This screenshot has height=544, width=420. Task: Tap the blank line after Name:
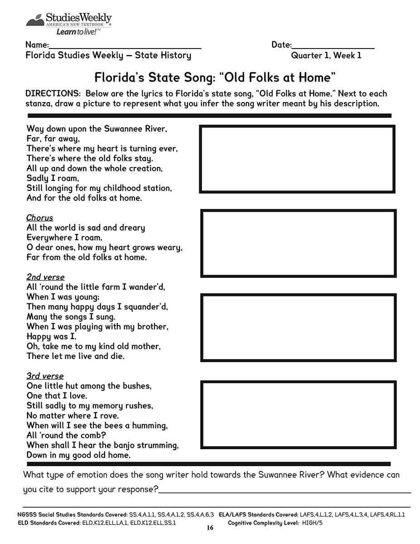tap(125, 46)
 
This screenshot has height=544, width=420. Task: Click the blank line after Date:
tap(333, 46)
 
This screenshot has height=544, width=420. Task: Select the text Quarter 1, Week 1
tap(326, 56)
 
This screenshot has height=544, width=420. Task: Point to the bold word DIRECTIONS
tap(53, 94)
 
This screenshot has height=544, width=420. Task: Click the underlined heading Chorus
tap(39, 218)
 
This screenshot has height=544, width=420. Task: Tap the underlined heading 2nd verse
tap(45, 277)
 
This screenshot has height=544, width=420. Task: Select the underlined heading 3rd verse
tap(45, 376)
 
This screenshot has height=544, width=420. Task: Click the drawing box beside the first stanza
tap(297, 159)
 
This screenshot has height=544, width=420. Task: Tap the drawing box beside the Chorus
tap(298, 243)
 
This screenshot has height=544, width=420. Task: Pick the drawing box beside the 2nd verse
tap(298, 327)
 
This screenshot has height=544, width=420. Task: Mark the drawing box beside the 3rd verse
tap(298, 414)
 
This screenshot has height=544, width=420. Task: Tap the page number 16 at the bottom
tap(209, 528)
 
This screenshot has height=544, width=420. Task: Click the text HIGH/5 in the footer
tap(312, 523)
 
